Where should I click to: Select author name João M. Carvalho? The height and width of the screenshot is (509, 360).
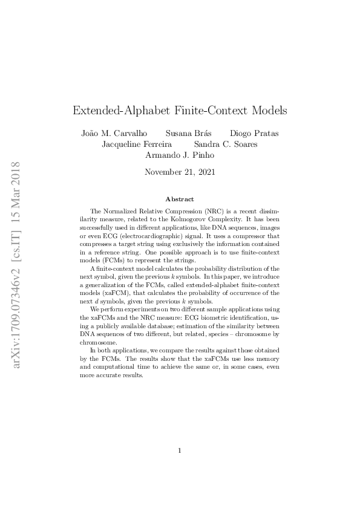pyautogui.click(x=114, y=133)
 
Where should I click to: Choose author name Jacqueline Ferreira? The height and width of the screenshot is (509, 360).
pyautogui.click(x=137, y=144)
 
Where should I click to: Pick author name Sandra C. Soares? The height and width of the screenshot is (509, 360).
pyautogui.click(x=226, y=144)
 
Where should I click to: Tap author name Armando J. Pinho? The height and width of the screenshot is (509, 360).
pyautogui.click(x=180, y=155)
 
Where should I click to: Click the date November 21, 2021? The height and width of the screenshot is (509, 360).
pyautogui.click(x=180, y=172)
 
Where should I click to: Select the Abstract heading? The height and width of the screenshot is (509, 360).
pyautogui.click(x=180, y=199)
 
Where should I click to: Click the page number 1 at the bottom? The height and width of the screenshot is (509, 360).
pyautogui.click(x=180, y=450)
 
